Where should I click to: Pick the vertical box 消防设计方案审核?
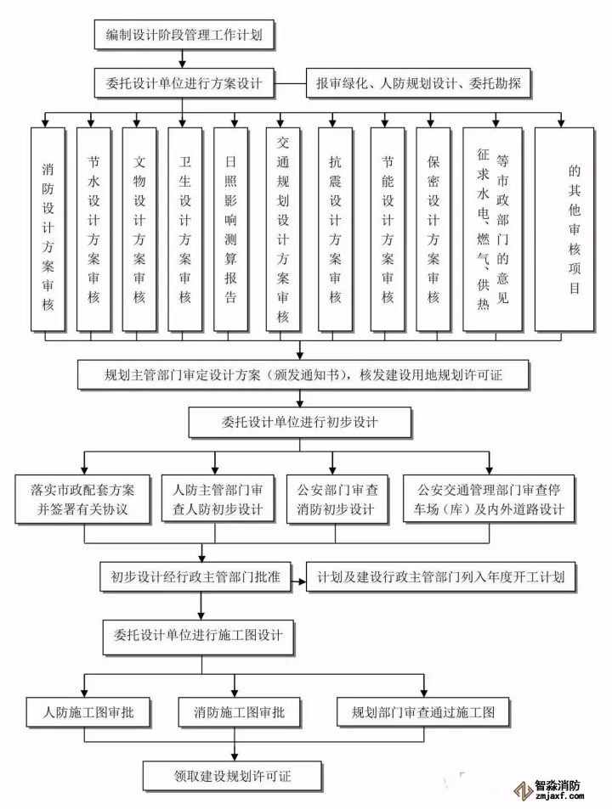coord(48,229)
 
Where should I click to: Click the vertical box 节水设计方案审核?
coord(94,229)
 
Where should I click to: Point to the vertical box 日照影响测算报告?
coord(230,229)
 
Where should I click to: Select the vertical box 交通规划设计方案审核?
coord(283,229)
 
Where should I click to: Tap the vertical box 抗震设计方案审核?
coord(335,229)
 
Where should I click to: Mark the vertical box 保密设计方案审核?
coord(433,229)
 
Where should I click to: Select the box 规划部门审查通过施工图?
coord(422,711)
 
